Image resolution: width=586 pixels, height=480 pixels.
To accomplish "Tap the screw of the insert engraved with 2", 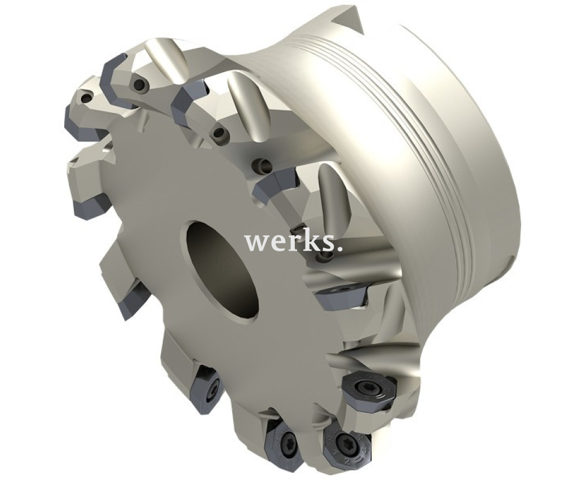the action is [345, 441].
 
